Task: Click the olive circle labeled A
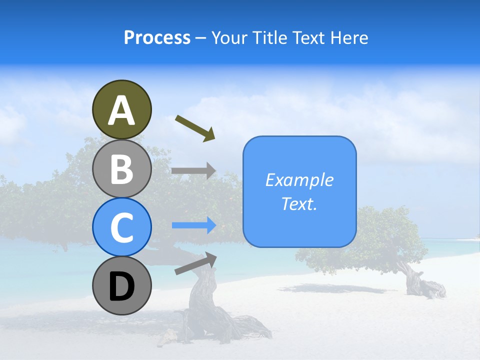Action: [x=121, y=109]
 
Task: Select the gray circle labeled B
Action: [x=121, y=168]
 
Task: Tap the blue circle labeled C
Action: [x=121, y=227]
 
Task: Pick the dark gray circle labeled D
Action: [x=121, y=285]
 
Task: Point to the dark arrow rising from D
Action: [x=195, y=263]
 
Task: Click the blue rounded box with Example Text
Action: [x=299, y=191]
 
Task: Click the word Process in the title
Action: [x=157, y=37]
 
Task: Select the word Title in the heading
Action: [x=269, y=37]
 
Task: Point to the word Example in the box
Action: [x=299, y=180]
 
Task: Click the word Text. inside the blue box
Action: [x=299, y=204]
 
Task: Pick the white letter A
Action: [x=121, y=110]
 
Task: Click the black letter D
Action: [x=121, y=287]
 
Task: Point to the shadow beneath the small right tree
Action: [x=340, y=288]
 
